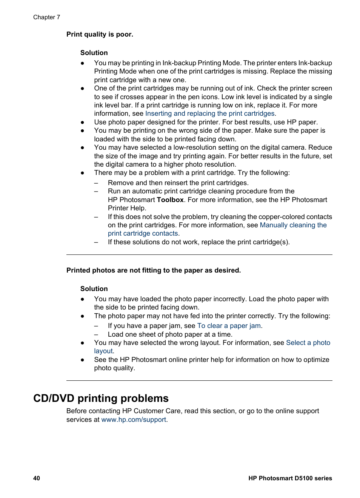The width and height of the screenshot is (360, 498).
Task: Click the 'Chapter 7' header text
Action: tap(46, 17)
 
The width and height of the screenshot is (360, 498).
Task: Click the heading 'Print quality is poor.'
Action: tap(100, 34)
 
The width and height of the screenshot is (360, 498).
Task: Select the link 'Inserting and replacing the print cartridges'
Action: tap(209, 113)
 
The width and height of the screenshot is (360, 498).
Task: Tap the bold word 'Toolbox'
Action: tap(170, 200)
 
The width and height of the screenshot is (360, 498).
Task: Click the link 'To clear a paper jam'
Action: tap(229, 326)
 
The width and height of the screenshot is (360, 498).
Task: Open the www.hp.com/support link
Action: tap(134, 420)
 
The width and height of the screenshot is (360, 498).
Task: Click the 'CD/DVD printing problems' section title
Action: tap(101, 398)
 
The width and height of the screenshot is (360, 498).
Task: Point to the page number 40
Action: tap(37, 478)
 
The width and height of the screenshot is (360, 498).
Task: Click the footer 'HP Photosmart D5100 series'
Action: tap(290, 478)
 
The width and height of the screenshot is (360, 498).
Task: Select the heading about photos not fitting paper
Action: tap(153, 270)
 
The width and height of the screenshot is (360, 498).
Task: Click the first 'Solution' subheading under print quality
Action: tap(94, 53)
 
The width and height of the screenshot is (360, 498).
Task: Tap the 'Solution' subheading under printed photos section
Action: tap(94, 289)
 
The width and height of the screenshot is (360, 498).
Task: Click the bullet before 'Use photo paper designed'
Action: tap(82, 122)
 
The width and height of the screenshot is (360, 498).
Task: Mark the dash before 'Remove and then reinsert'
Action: tap(96, 183)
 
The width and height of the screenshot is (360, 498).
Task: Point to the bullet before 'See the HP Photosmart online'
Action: tap(82, 360)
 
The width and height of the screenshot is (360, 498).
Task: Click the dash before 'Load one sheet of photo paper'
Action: tap(96, 335)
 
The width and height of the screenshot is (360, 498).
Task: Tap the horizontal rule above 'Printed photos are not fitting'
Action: tap(199, 255)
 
